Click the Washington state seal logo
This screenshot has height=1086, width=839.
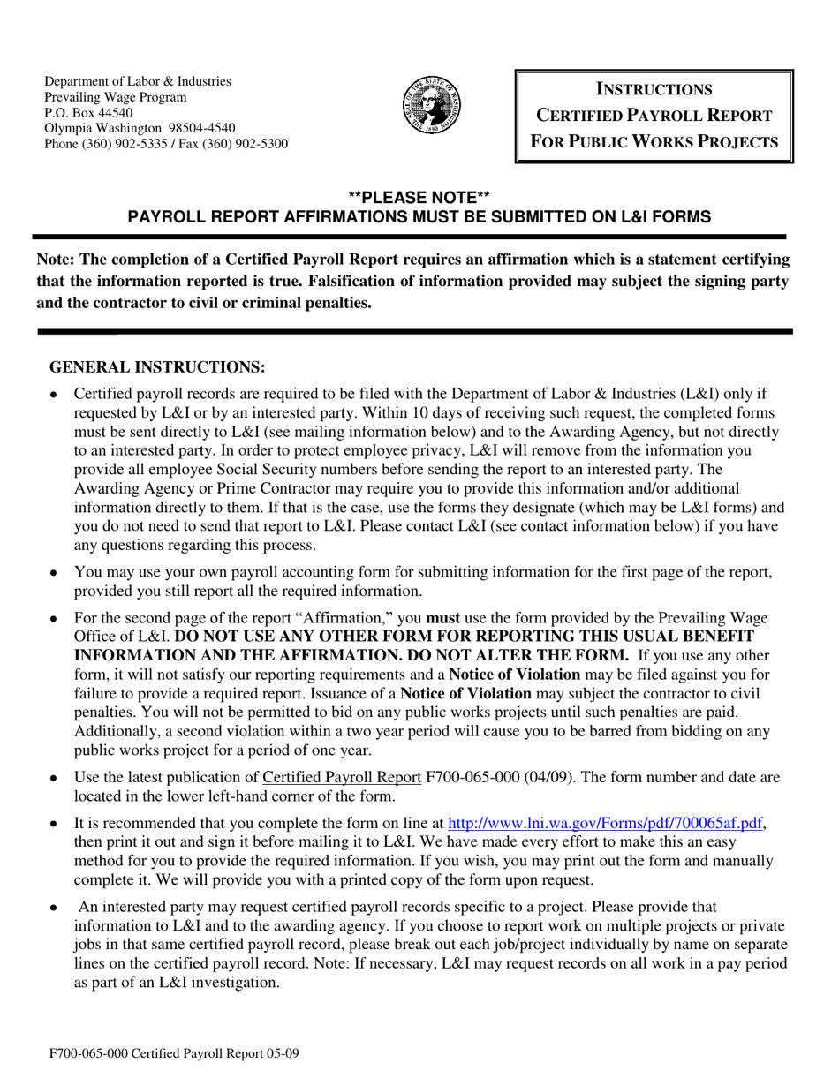433,105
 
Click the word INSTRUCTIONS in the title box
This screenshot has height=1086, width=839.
654,89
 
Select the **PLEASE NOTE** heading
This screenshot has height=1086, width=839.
419,198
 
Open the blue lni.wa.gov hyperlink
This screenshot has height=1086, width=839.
605,823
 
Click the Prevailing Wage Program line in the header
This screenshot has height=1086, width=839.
116,97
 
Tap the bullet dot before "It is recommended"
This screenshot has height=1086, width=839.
54,824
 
